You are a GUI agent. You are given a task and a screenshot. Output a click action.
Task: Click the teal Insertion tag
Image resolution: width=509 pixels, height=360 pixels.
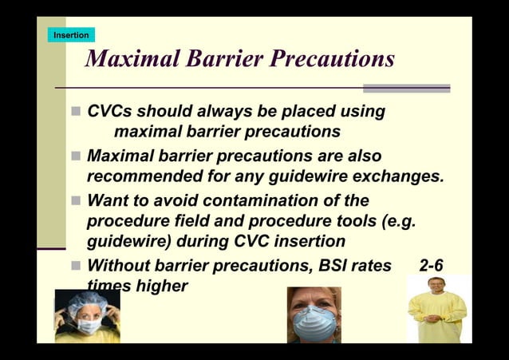(71, 35)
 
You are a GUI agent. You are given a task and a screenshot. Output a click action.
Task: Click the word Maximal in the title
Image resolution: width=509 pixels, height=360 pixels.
(131, 59)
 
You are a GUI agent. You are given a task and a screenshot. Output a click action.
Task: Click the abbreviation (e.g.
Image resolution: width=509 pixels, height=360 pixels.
(398, 221)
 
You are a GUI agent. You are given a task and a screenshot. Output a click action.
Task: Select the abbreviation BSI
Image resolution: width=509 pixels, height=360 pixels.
(329, 266)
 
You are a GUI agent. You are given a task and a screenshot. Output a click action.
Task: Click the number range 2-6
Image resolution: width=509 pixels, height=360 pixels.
(436, 266)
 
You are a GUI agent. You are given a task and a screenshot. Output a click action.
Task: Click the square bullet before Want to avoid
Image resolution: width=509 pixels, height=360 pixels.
(76, 200)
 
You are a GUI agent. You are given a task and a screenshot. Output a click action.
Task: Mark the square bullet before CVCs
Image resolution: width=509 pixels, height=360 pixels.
(76, 112)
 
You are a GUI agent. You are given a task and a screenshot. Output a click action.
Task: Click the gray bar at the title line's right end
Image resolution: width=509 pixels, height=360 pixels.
(406, 88)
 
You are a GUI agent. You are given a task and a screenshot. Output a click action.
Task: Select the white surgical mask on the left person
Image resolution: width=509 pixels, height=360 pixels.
(88, 326)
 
